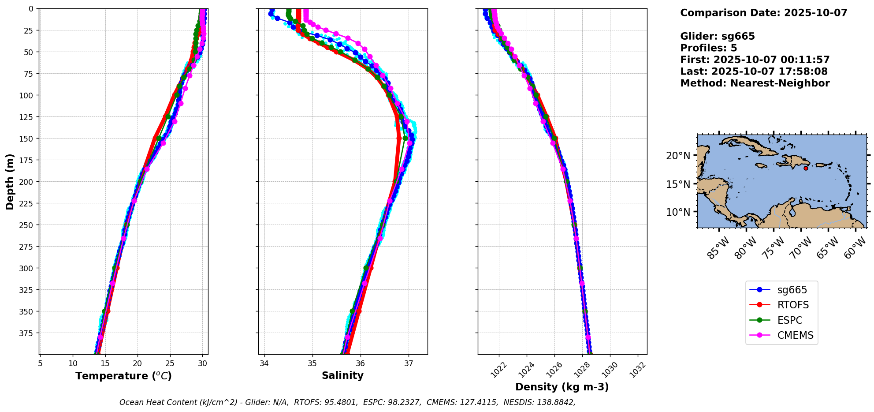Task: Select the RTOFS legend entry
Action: pyautogui.click(x=793, y=305)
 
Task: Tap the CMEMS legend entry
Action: pyautogui.click(x=795, y=335)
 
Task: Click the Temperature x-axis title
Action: pyautogui.click(x=123, y=376)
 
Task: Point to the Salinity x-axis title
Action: pyautogui.click(x=342, y=375)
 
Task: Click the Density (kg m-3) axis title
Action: pyautogui.click(x=562, y=387)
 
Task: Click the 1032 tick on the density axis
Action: pyautogui.click(x=637, y=370)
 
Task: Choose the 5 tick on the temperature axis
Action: pyautogui.click(x=40, y=364)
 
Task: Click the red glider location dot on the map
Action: pyautogui.click(x=806, y=168)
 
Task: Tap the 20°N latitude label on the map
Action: pyautogui.click(x=678, y=156)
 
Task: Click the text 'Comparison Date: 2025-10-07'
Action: pyautogui.click(x=763, y=13)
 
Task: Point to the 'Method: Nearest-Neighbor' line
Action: pyautogui.click(x=755, y=83)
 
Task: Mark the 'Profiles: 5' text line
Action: pyautogui.click(x=708, y=48)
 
